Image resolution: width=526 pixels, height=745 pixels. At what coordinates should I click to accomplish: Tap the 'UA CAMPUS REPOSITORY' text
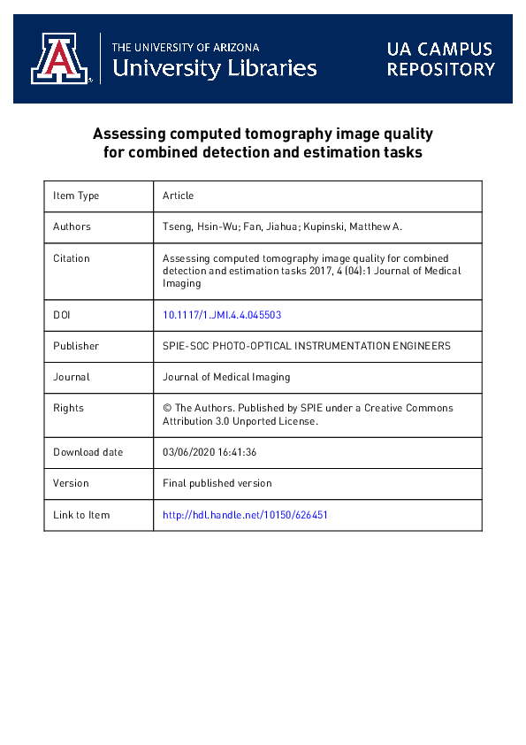439,58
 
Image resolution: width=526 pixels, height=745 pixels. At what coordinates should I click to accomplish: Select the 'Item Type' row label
76,196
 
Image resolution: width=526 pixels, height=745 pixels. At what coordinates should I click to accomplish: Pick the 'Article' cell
178,196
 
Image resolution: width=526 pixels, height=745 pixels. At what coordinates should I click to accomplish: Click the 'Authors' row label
72,227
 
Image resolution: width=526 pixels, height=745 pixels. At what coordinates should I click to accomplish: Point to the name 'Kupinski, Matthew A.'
357,227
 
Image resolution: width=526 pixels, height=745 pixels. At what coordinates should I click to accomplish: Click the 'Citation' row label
72,258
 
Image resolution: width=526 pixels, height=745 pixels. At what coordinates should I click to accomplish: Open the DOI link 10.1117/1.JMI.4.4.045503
222,314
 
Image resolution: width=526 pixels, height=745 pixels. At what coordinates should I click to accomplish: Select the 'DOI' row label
62,314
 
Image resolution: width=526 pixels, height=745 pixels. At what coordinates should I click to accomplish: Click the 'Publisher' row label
76,346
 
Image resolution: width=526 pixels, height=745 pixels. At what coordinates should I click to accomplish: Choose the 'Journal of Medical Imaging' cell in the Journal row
226,377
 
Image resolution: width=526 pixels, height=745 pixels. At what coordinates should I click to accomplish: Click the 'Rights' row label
68,408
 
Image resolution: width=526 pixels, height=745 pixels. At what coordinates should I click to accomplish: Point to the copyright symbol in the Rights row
167,408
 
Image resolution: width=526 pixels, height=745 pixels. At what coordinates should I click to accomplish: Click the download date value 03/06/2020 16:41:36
210,452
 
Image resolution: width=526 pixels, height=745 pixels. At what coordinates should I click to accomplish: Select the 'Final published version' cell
217,483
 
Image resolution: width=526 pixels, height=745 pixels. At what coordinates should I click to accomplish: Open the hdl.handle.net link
245,515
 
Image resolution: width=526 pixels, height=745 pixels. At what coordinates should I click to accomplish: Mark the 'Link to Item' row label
81,515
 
